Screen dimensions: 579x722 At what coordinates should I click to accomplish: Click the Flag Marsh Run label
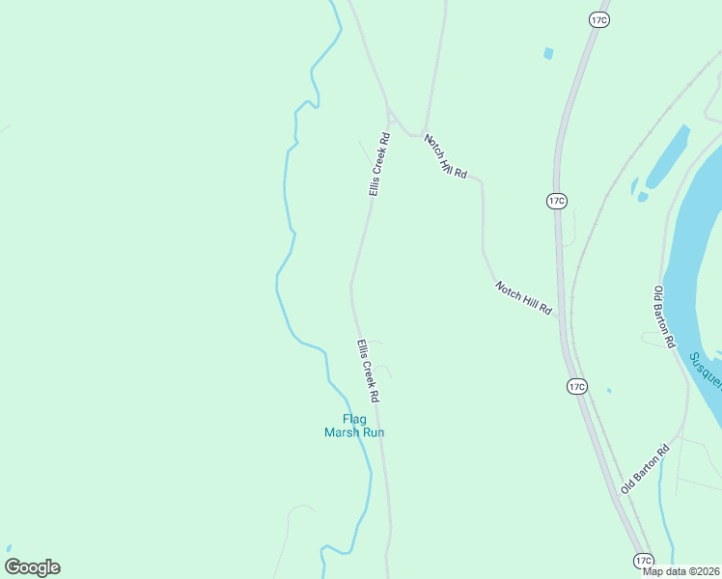pos(354,426)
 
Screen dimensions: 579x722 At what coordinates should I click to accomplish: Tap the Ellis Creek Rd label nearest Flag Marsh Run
pos(368,372)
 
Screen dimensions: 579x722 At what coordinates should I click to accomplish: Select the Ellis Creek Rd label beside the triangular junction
pos(378,165)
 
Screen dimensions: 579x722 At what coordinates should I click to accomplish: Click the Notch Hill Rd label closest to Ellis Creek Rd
pos(445,156)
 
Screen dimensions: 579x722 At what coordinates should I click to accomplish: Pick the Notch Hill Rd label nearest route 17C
pos(524,298)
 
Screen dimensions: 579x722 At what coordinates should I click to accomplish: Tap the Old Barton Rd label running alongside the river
pos(664,317)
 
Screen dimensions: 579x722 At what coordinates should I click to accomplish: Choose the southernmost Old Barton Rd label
pos(646,468)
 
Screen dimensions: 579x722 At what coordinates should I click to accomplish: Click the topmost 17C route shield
pos(598,19)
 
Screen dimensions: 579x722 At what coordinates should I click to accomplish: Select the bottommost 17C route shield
pos(645,561)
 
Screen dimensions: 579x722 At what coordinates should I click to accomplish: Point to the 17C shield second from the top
pos(556,201)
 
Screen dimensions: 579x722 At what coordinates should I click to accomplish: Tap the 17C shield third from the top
pos(576,387)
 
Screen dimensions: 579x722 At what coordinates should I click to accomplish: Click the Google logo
pos(33,567)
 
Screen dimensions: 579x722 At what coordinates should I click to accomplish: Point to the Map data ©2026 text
pos(680,571)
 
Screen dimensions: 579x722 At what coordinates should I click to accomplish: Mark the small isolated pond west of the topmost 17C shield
pos(548,54)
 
